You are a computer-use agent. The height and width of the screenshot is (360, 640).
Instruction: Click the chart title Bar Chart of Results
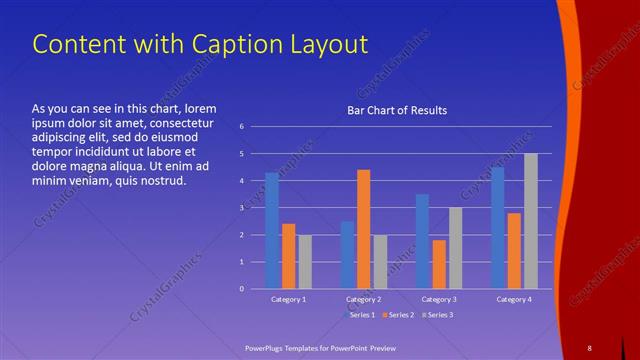397,110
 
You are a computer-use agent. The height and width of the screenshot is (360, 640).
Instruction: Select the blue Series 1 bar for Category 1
272,231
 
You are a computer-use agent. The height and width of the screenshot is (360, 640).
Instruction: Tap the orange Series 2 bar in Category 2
363,229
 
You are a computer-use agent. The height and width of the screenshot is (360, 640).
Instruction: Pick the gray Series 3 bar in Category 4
530,221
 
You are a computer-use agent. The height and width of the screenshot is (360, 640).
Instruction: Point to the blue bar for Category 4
498,228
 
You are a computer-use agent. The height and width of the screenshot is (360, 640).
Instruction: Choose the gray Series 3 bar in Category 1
305,262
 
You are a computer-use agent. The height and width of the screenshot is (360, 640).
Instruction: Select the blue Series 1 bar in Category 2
347,255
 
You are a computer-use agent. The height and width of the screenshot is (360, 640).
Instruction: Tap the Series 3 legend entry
439,315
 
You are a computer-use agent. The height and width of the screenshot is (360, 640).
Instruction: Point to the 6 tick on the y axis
241,127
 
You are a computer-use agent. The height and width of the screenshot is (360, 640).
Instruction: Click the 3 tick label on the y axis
241,208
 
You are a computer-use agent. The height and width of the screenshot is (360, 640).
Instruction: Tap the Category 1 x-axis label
288,300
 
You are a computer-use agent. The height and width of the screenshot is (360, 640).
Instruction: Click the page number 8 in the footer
589,347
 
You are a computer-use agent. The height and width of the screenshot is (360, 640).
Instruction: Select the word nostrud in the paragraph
162,181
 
